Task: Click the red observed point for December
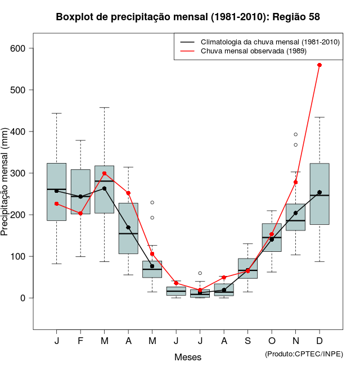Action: (x=319, y=65)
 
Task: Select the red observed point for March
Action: (x=105, y=173)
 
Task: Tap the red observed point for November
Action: (x=295, y=182)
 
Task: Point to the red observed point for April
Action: (x=128, y=193)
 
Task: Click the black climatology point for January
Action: (x=57, y=191)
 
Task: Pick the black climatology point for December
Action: (x=319, y=192)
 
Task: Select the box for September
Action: (x=247, y=268)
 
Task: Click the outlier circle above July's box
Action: (x=200, y=273)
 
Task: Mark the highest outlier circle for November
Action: (x=295, y=134)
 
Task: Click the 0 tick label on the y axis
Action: (x=23, y=298)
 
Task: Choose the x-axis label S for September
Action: (x=247, y=341)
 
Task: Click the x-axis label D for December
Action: (x=319, y=341)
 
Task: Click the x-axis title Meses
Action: (x=188, y=357)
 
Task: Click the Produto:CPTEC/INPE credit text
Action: (x=304, y=354)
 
